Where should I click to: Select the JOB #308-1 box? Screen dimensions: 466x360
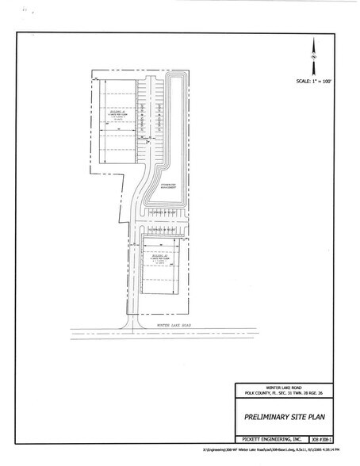tap(323, 437)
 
